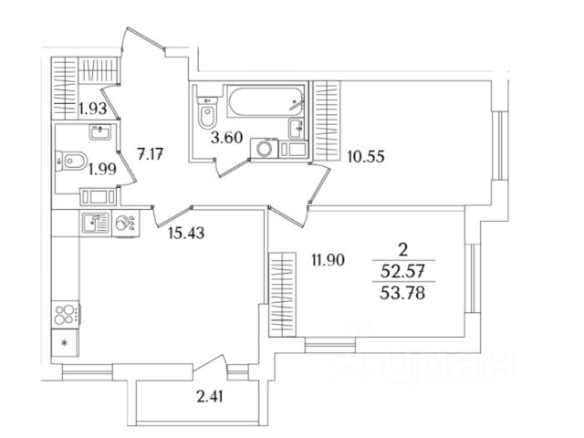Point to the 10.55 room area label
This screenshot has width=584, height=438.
366,155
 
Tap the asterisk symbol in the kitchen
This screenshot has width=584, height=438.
66,344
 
